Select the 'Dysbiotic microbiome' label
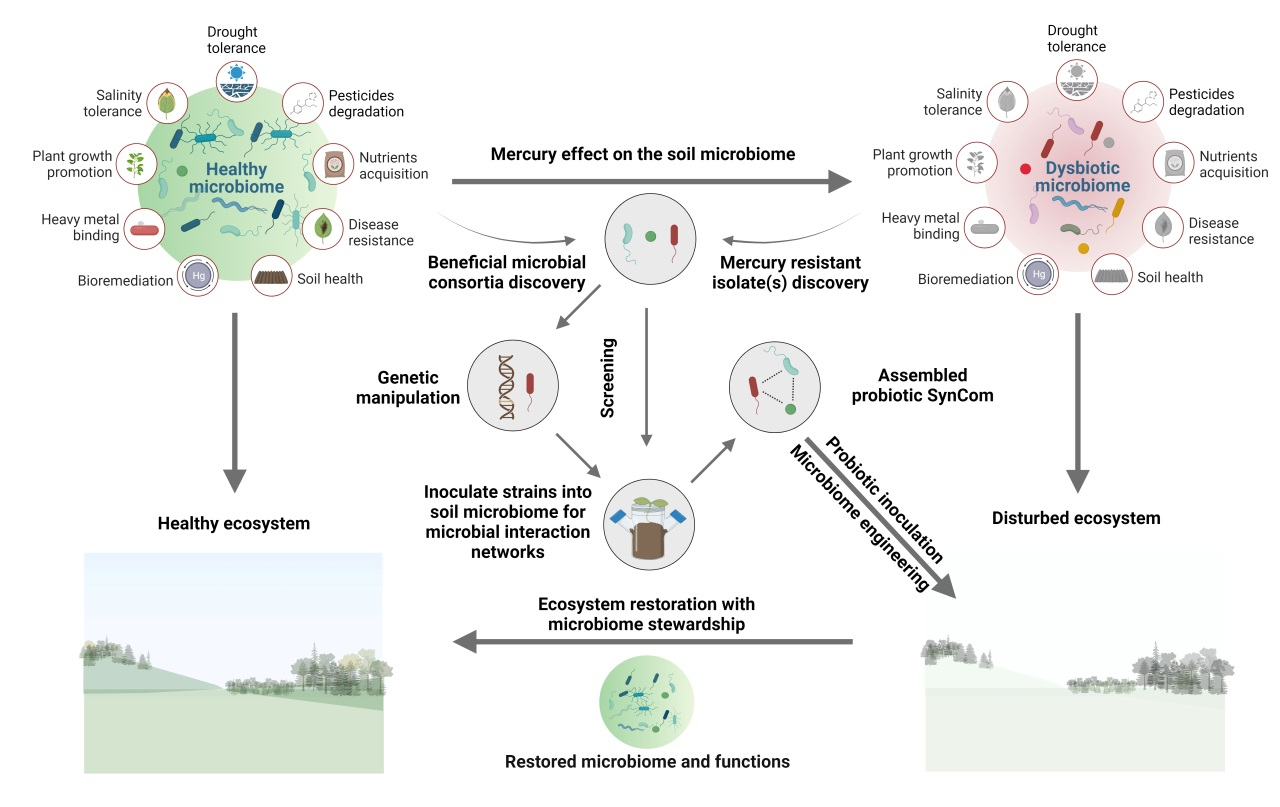click(1082, 177)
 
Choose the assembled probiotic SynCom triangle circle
click(776, 384)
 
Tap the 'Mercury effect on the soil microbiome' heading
click(642, 155)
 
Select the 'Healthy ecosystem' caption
click(235, 524)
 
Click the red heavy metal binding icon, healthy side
click(144, 228)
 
